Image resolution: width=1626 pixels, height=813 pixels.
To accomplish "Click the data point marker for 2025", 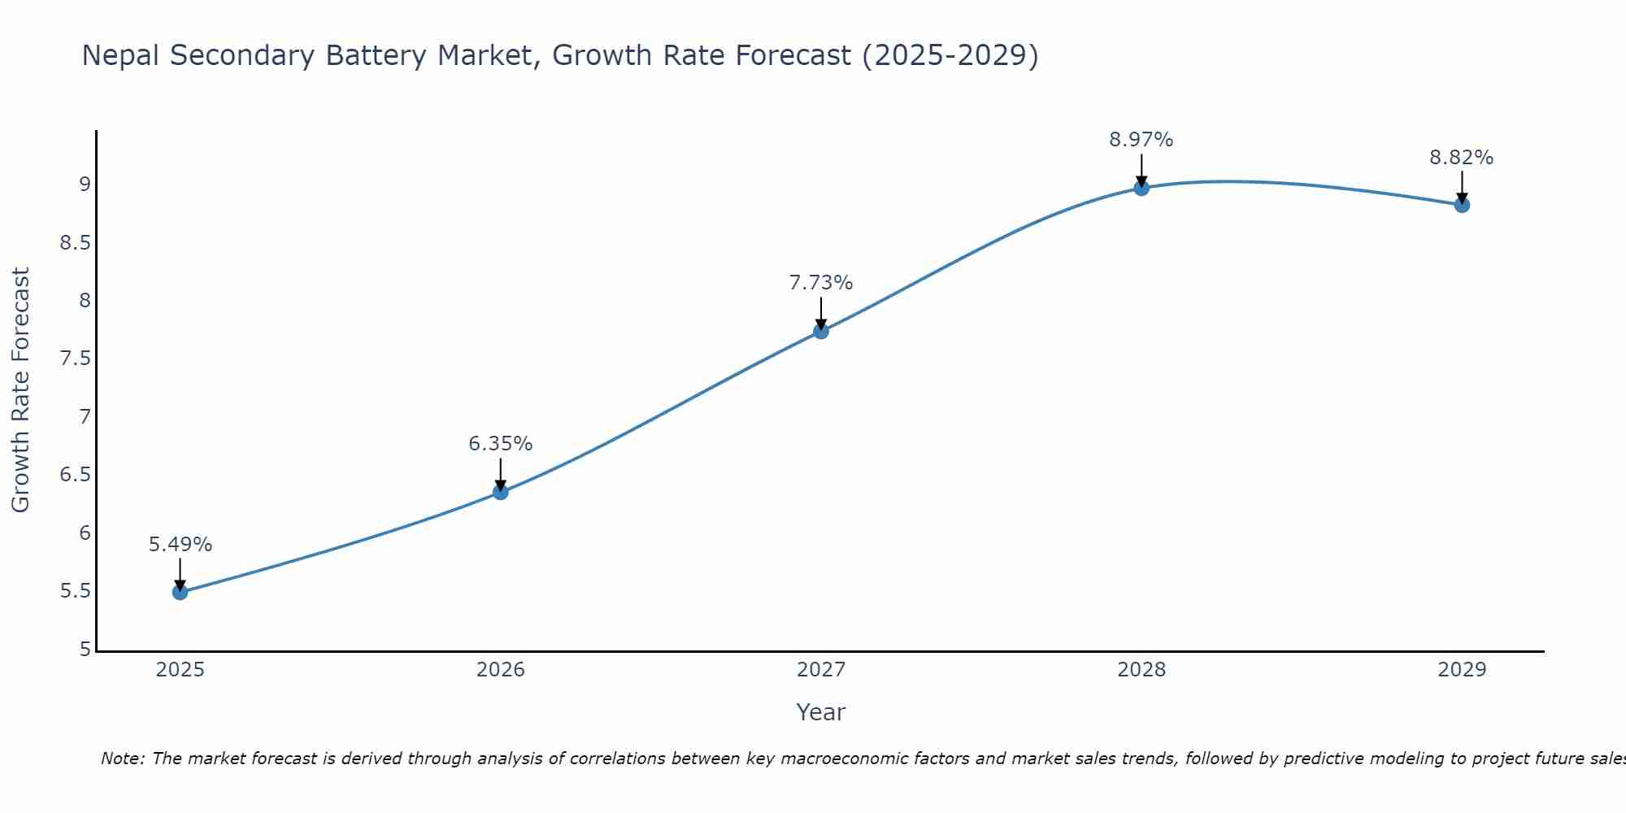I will [180, 592].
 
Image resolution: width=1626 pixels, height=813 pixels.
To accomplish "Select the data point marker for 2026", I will [501, 492].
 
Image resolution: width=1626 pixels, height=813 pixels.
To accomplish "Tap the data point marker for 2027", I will [821, 331].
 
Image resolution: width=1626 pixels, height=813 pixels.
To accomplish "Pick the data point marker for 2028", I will [1141, 188].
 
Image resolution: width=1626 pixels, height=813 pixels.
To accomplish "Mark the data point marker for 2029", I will [1462, 205].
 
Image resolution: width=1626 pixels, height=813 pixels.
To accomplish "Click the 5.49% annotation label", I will [180, 545].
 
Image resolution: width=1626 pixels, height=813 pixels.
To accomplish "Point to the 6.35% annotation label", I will [501, 444].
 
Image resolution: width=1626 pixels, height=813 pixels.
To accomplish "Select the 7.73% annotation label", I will [821, 283].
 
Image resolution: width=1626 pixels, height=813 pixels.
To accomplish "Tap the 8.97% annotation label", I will [1141, 140].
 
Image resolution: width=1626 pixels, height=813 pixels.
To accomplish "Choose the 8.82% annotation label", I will [1462, 158].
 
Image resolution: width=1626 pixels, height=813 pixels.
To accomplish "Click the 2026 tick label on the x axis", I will [501, 670].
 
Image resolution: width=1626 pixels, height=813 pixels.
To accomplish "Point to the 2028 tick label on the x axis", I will [1141, 670].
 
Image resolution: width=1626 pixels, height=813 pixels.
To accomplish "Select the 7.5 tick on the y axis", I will [75, 359].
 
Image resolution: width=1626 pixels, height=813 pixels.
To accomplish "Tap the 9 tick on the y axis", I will [85, 185].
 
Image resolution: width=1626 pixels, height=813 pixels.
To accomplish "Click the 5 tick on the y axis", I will [85, 650].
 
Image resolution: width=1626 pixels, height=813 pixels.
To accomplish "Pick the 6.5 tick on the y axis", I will [75, 475].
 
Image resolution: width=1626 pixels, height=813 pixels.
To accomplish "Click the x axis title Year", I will [821, 712].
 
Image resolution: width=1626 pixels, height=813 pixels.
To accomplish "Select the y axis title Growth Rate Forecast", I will [21, 390].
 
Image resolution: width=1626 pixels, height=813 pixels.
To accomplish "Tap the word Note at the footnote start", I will [122, 759].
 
